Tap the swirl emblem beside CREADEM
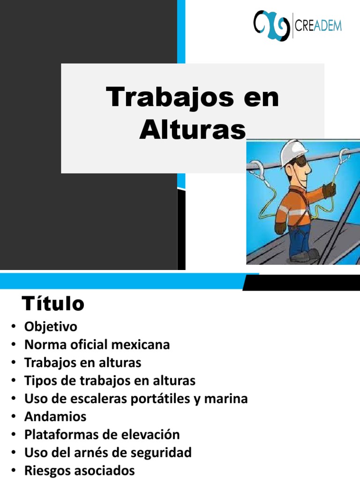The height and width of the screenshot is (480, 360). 271,25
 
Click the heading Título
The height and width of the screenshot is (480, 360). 53,304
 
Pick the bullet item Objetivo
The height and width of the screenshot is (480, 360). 51,326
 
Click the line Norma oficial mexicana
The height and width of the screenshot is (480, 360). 97,345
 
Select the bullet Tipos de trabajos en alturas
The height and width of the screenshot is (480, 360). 110,381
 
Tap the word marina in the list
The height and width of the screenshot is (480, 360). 227,399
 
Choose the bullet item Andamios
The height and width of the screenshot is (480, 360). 55,417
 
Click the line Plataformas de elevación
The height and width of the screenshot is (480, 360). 102,435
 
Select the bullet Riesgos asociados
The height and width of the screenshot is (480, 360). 80,470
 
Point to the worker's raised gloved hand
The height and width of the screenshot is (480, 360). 329,189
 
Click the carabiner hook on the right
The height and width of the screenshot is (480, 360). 344,157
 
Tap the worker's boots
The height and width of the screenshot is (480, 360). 305,256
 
